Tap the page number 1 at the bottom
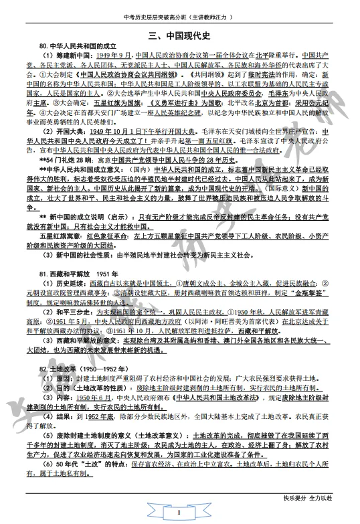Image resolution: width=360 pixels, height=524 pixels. [x=180, y=513]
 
